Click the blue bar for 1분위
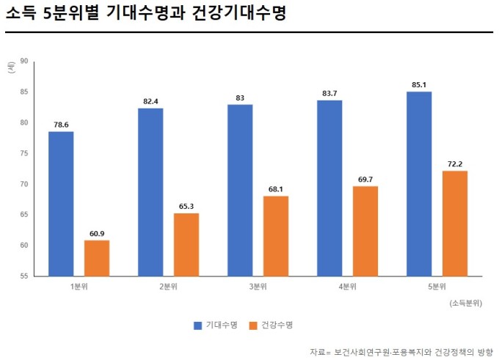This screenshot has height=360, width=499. click(x=61, y=203)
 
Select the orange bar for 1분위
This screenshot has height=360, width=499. click(x=97, y=257)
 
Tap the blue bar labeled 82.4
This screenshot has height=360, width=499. click(x=150, y=191)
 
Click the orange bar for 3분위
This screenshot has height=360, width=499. click(x=276, y=235)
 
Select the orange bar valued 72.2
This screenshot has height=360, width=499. click(x=455, y=223)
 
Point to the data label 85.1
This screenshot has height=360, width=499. click(x=419, y=84)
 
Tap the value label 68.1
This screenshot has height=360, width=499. click(x=276, y=188)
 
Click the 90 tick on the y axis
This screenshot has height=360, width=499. click(x=24, y=62)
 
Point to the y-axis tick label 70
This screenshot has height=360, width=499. click(x=24, y=184)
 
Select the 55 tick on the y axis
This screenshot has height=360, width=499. click(x=24, y=276)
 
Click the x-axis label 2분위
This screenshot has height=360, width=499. click(x=168, y=286)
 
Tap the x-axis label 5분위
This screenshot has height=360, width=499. click(x=437, y=286)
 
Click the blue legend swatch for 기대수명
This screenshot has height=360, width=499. click(x=197, y=324)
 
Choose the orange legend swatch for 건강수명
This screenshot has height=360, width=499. click(x=253, y=324)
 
